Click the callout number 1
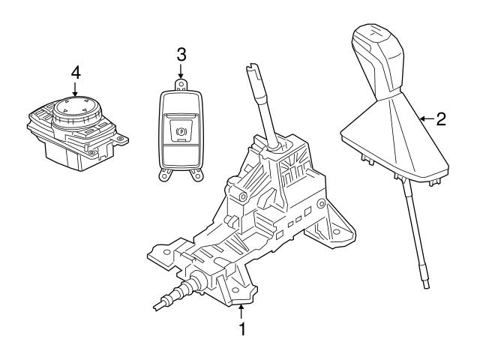[x=241, y=328]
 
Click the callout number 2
[x=441, y=118]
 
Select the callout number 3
[x=180, y=54]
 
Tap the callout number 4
[x=75, y=72]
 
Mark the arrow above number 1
[x=241, y=309]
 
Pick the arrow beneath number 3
[x=180, y=70]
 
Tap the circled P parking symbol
[x=181, y=130]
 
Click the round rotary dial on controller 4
[x=75, y=109]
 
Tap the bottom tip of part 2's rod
[x=427, y=285]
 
